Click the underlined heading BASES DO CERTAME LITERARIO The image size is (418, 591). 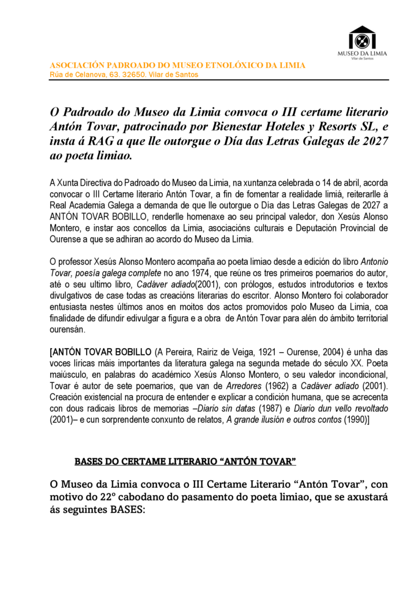point(185,462)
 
